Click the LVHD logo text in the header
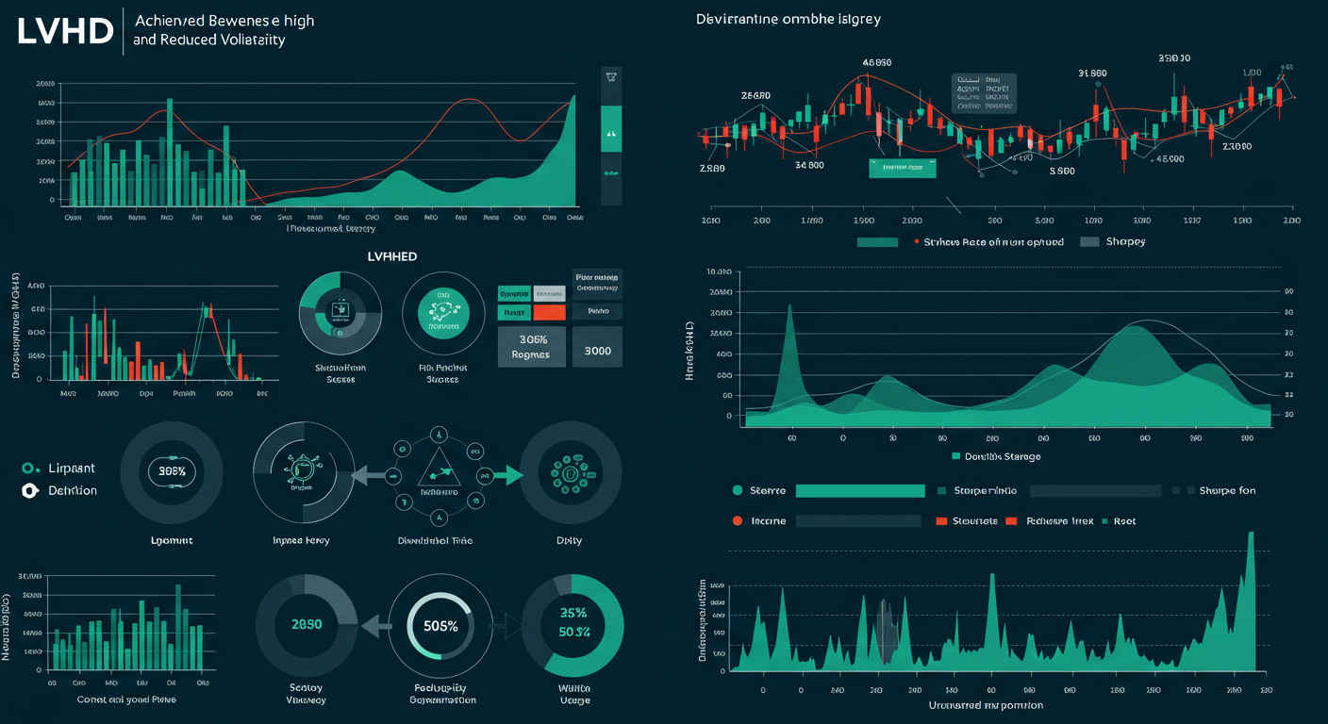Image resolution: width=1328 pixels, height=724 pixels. click(x=64, y=32)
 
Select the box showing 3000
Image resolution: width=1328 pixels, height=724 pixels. click(x=598, y=351)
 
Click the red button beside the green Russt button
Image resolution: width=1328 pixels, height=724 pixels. click(x=548, y=312)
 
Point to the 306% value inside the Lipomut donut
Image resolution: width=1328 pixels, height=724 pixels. click(x=173, y=470)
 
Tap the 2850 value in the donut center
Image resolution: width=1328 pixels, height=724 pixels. click(x=307, y=625)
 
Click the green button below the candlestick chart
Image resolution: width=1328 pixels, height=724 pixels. click(x=902, y=168)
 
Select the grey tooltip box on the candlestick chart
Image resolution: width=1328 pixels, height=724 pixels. click(x=984, y=93)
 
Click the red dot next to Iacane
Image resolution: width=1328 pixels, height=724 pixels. click(x=738, y=520)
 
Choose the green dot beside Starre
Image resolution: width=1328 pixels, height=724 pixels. click(x=738, y=490)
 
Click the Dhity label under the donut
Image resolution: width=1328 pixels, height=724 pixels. click(x=569, y=540)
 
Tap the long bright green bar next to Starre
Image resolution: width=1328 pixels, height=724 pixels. click(x=859, y=490)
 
